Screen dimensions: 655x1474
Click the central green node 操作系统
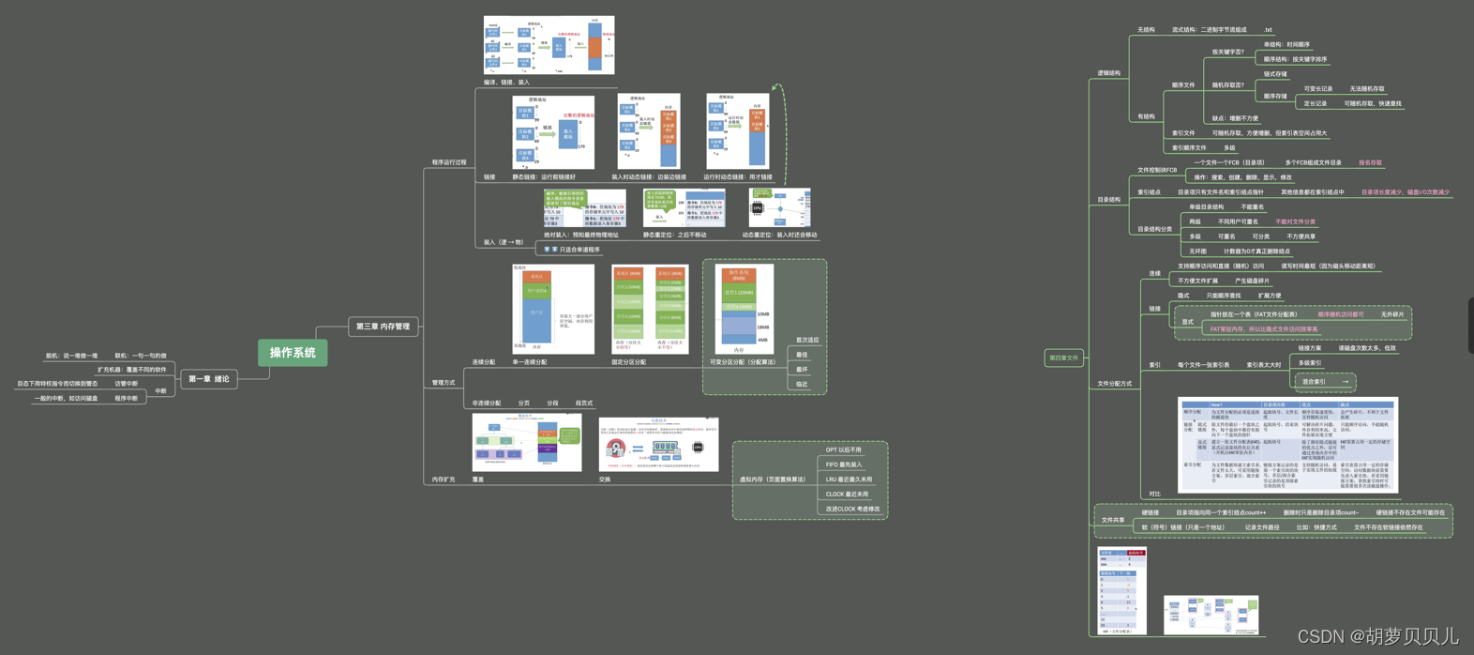tap(293, 353)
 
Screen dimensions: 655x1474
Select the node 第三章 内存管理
tap(383, 327)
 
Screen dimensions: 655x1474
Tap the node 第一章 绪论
tap(208, 379)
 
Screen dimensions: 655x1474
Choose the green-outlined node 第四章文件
tap(1063, 358)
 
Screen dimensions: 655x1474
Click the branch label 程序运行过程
tap(448, 162)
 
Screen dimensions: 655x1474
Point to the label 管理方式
tap(443, 383)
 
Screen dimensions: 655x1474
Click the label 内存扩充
tap(443, 480)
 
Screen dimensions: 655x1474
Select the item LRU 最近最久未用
tap(849, 480)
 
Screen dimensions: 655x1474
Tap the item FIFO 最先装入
tap(844, 465)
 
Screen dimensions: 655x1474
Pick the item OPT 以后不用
tap(843, 450)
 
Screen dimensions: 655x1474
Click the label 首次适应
tap(807, 340)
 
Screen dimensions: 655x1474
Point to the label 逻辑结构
tap(1108, 73)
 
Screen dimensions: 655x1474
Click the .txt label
tap(1268, 30)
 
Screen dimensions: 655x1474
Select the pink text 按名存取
tap(1370, 162)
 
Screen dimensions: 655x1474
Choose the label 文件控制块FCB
tap(1156, 170)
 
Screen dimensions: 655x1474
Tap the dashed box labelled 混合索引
tap(1323, 382)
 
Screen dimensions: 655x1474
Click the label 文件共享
tap(1113, 520)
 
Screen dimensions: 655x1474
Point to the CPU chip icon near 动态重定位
tap(758, 207)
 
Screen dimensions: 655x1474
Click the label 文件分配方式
tap(1114, 384)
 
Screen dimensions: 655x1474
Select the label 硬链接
tap(1150, 513)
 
